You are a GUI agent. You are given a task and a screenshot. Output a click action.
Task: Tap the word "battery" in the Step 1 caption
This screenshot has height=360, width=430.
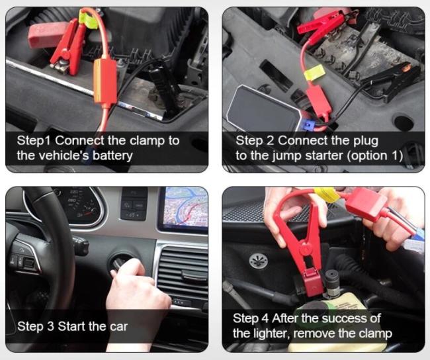tap(112, 156)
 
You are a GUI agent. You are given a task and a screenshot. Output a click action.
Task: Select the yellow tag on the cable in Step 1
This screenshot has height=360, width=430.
tap(88, 19)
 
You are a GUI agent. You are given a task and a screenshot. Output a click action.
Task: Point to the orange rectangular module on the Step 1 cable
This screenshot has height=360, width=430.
tap(105, 82)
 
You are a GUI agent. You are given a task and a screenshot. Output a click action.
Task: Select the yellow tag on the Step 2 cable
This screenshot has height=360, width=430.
tap(314, 72)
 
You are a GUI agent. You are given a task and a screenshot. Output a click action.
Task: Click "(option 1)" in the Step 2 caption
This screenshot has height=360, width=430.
tap(375, 156)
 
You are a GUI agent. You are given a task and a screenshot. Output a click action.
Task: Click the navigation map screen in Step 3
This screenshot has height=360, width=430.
tap(186, 207)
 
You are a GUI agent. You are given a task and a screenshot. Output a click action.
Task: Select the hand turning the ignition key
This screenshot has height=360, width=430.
tap(137, 288)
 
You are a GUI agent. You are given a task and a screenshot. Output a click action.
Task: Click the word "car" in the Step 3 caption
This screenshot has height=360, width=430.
tap(119, 327)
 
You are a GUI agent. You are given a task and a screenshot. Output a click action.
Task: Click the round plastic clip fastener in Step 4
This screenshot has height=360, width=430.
tap(259, 261)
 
